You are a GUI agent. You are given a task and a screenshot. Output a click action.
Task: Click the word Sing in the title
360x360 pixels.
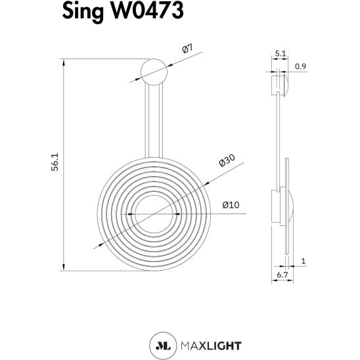coord(83,11)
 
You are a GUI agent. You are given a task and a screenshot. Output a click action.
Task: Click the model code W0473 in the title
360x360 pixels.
coord(147,11)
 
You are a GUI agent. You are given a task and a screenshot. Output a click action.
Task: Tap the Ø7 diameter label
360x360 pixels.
coord(188,48)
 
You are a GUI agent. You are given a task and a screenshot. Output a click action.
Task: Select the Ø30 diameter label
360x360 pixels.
coord(227,160)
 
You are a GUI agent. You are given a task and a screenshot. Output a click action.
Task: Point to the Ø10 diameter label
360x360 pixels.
coord(231,205)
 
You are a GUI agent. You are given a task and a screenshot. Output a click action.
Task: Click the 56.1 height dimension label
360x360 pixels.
coord(55,162)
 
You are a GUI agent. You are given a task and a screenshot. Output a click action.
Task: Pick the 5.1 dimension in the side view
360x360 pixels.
coord(281,53)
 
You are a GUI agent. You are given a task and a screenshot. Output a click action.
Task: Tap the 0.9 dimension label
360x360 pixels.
coord(300,66)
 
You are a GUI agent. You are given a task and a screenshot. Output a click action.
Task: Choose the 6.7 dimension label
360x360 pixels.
coord(282,275)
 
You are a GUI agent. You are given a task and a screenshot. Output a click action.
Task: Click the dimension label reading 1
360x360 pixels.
coord(304,261)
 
